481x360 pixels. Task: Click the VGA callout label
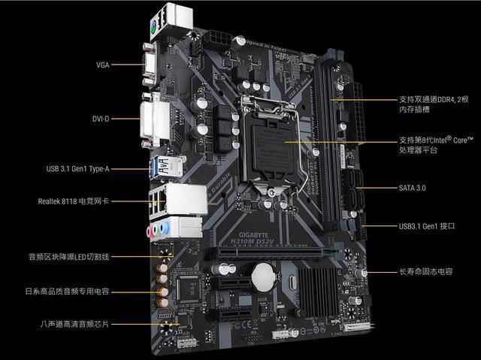point(102,65)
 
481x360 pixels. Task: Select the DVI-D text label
point(101,118)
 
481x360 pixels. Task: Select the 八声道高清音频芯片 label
point(74,324)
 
